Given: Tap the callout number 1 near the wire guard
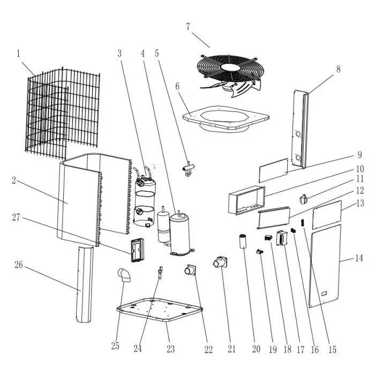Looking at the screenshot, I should [x=18, y=53].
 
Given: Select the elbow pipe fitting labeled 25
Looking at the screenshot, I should [x=124, y=277].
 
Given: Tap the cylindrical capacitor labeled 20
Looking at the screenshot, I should [x=244, y=242].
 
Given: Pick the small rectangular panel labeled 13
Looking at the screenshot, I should [x=327, y=213].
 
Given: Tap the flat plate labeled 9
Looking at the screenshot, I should [x=273, y=170].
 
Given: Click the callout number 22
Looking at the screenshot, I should [x=208, y=350].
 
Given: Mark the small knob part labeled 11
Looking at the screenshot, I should [x=303, y=199].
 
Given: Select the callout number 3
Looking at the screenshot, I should [x=119, y=53].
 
